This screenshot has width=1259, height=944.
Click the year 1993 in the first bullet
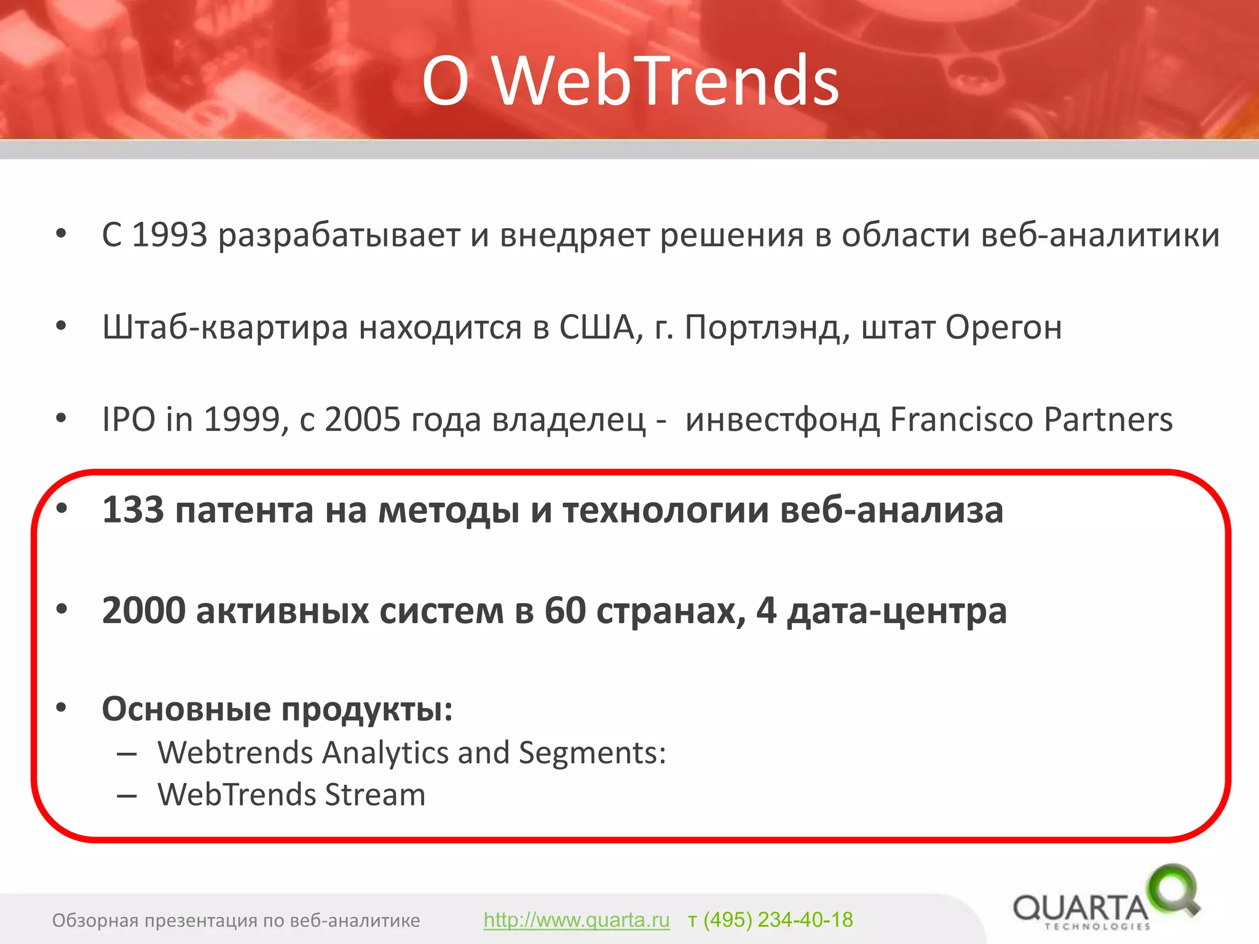pyautogui.click(x=170, y=235)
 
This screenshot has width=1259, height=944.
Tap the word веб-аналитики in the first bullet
pyautogui.click(x=1100, y=235)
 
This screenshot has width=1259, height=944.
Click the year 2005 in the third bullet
pyautogui.click(x=363, y=420)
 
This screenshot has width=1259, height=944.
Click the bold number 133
pyautogui.click(x=133, y=510)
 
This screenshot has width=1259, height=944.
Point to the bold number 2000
pyautogui.click(x=144, y=611)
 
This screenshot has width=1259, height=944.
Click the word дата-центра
pyautogui.click(x=897, y=612)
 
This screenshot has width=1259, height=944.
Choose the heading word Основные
pyautogui.click(x=186, y=709)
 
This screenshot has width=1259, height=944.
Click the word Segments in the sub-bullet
pyautogui.click(x=591, y=753)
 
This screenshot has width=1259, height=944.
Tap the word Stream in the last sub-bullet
pyautogui.click(x=375, y=795)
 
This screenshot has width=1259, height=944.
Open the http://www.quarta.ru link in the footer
pyautogui.click(x=576, y=920)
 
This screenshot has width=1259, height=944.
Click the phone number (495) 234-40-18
pyautogui.click(x=778, y=920)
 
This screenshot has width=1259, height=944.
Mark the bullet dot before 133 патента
pyautogui.click(x=61, y=508)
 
